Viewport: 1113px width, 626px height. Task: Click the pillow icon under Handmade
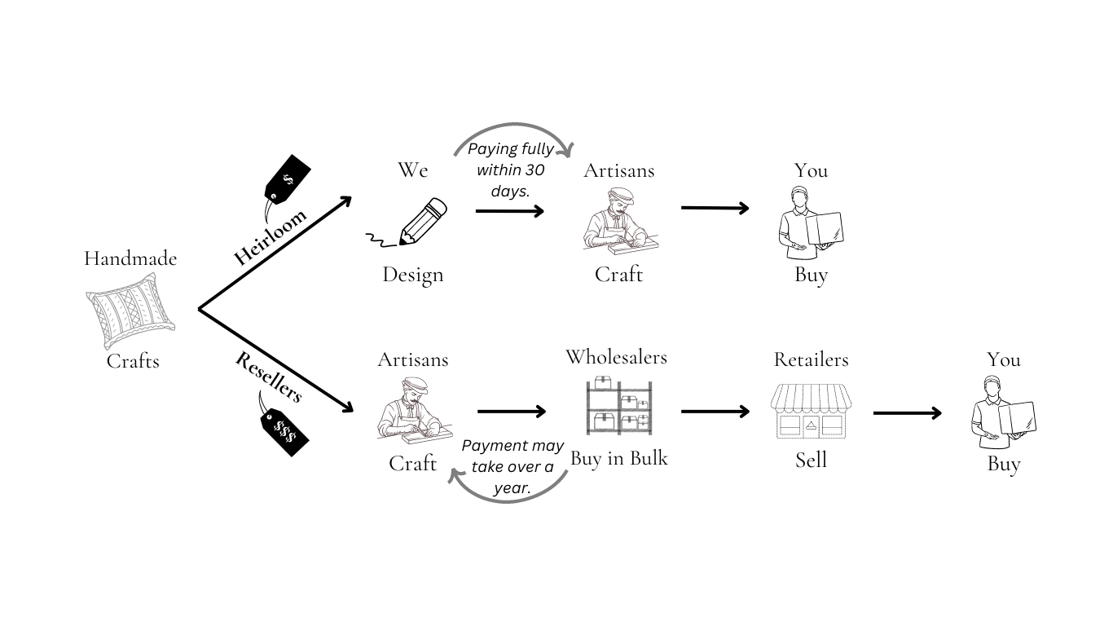tap(130, 311)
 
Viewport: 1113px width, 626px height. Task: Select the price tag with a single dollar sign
tap(288, 179)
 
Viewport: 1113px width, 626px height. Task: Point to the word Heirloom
tap(271, 237)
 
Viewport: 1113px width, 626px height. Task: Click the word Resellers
tap(269, 377)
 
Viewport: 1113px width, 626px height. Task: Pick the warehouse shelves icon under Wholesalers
tap(618, 406)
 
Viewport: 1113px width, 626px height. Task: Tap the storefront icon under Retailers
tap(811, 412)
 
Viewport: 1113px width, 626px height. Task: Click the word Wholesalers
tap(616, 357)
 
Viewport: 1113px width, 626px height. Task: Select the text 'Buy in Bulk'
tap(618, 459)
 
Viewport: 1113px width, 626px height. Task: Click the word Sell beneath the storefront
tap(811, 461)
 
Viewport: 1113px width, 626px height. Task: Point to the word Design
tap(413, 275)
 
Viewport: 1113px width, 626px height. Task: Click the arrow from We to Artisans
tap(509, 210)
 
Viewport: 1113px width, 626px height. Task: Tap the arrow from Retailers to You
tap(907, 413)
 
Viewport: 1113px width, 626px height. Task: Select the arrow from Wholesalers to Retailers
tap(715, 412)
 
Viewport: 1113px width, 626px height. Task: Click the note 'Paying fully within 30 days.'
tap(510, 170)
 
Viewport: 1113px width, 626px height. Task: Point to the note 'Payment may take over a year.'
tap(513, 468)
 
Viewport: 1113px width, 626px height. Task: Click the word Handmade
tap(130, 258)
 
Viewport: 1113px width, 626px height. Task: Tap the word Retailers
tap(811, 359)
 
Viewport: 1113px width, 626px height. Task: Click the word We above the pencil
tap(412, 170)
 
